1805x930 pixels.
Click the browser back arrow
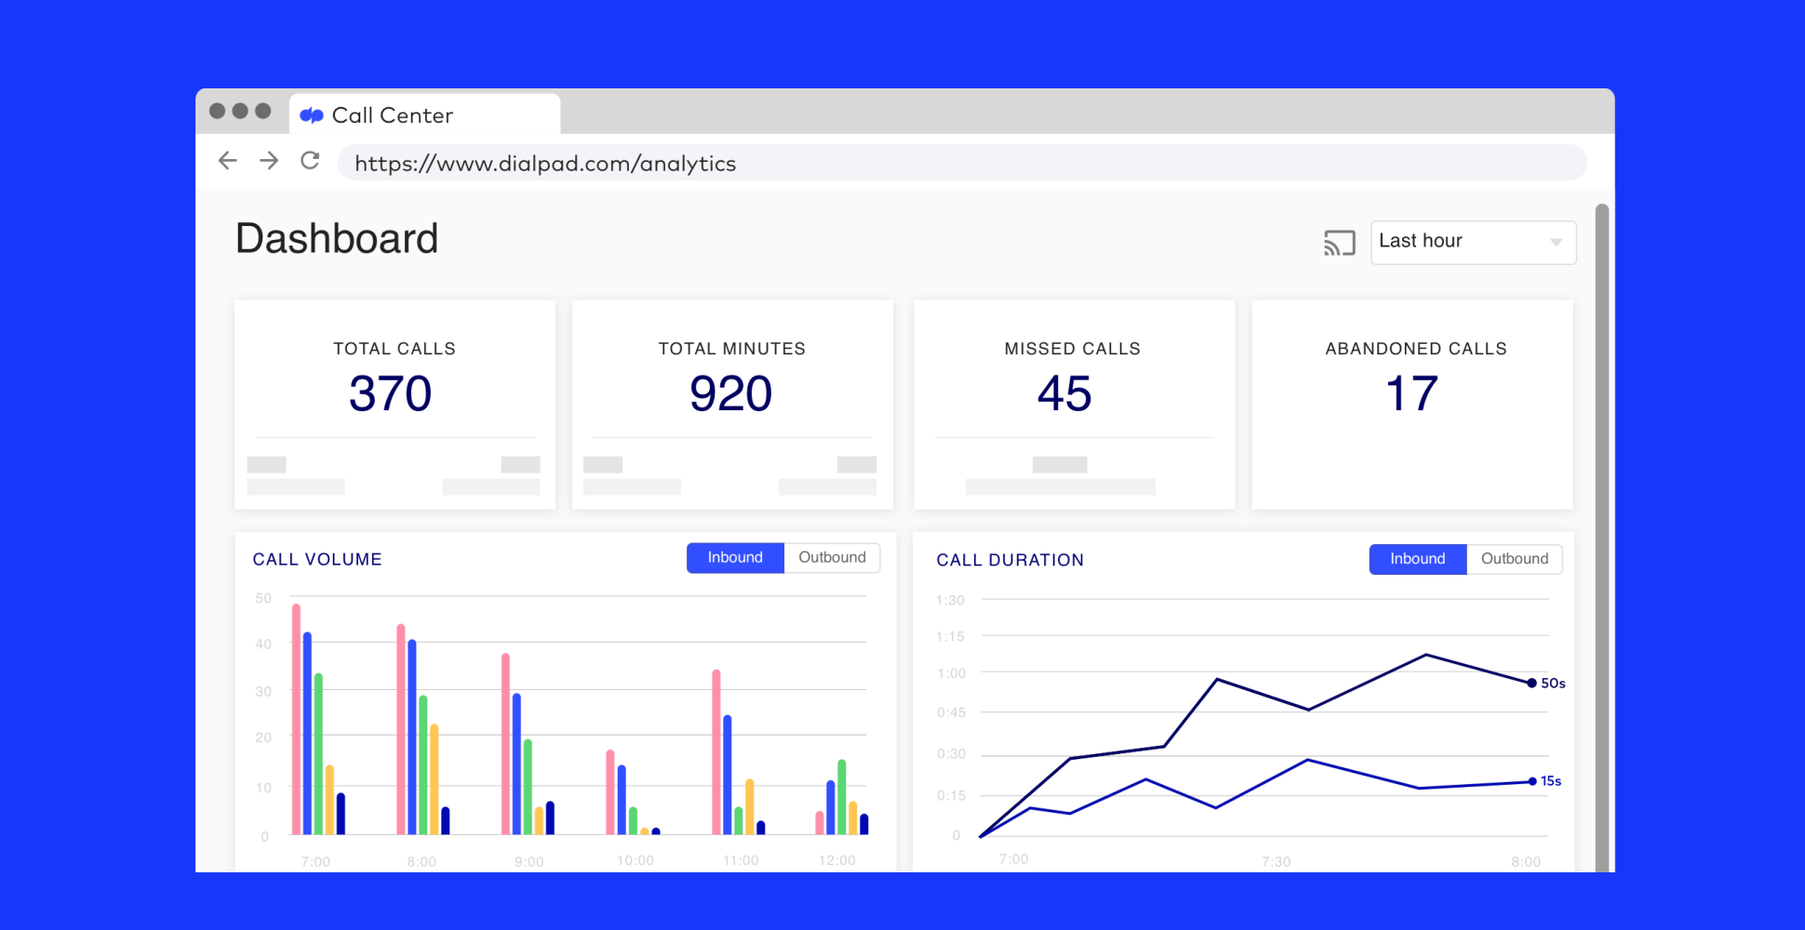click(x=228, y=161)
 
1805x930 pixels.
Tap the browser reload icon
click(x=310, y=161)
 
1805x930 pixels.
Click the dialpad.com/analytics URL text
click(x=545, y=164)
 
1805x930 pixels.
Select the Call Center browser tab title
click(x=392, y=115)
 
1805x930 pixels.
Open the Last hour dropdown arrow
click(x=1556, y=242)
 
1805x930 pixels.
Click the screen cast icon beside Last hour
click(x=1339, y=243)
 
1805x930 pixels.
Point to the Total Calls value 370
click(x=391, y=393)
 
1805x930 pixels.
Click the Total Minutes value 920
click(x=730, y=393)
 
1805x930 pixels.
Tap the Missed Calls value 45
click(x=1064, y=393)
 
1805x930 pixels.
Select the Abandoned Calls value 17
click(x=1411, y=393)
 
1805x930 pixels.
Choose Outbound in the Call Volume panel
click(x=832, y=558)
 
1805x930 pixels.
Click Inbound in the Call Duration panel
click(x=1417, y=559)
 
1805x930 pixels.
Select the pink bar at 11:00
click(x=716, y=751)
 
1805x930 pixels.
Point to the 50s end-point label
click(x=1553, y=684)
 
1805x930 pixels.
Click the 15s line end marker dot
click(x=1532, y=781)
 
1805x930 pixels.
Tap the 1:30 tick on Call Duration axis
click(x=950, y=601)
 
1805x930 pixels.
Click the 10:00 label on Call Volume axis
click(x=635, y=860)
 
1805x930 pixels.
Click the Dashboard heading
click(x=337, y=239)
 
